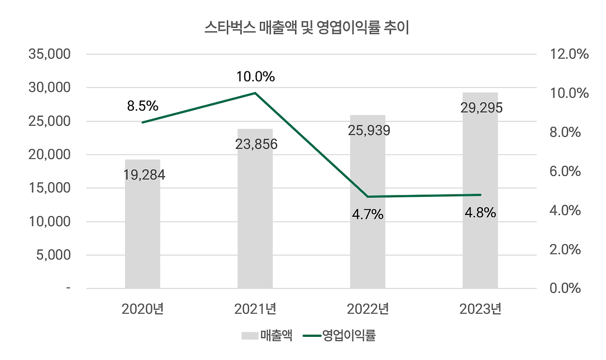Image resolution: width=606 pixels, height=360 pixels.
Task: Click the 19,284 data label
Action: coord(144,176)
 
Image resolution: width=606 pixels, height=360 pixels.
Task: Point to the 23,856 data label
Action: coord(256,144)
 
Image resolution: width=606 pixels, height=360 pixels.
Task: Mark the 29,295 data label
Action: coord(481,108)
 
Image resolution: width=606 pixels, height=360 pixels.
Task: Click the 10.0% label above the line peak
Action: coord(256,77)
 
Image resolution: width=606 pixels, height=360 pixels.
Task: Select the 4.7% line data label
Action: coord(367,215)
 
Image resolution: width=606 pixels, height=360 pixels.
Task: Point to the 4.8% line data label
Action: coord(480,213)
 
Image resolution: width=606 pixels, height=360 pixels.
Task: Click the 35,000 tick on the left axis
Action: coord(50,54)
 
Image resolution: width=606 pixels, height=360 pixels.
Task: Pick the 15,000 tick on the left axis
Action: coord(50,188)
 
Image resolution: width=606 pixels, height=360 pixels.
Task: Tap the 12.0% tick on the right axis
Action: coord(570,54)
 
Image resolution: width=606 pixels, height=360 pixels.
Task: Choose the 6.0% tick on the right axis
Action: coord(566,171)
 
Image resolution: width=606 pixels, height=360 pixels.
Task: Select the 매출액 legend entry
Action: coord(267,336)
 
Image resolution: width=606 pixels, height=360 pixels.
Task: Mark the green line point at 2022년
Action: coord(368,197)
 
